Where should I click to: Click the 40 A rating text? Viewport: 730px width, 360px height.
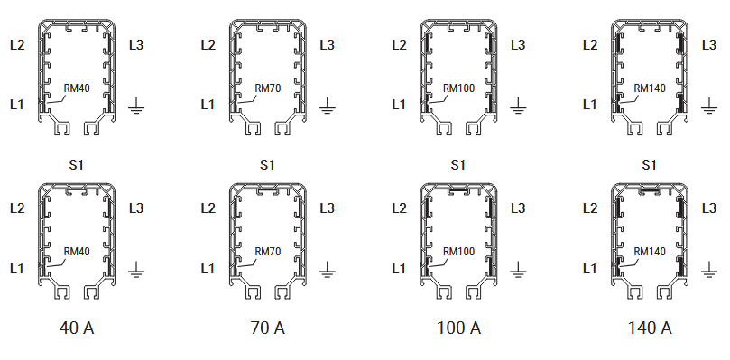[x=77, y=328]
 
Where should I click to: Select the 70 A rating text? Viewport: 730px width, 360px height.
[x=267, y=328]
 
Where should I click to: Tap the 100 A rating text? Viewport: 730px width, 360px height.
[x=458, y=328]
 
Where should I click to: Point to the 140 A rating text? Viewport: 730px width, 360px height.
[x=650, y=328]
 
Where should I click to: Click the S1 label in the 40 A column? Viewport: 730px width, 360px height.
[x=77, y=165]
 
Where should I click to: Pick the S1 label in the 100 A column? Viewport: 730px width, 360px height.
[x=458, y=165]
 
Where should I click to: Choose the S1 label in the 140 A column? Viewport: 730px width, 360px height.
[x=649, y=165]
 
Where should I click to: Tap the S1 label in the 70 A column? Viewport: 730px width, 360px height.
[x=267, y=165]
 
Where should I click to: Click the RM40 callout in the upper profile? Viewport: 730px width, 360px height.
[x=77, y=88]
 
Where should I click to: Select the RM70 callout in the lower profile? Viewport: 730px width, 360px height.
[x=268, y=252]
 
